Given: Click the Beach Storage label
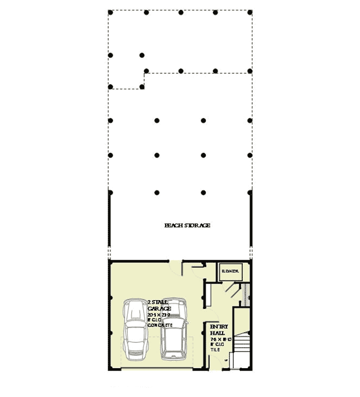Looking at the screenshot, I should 187,226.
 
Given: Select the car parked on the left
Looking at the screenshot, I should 135,327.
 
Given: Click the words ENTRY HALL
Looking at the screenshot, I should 216,330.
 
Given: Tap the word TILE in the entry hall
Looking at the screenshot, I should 214,350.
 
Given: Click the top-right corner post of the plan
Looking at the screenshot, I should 250,12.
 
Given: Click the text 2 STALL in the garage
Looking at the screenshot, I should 157,302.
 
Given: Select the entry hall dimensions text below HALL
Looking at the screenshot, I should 219,340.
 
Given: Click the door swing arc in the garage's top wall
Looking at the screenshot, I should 178,268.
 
